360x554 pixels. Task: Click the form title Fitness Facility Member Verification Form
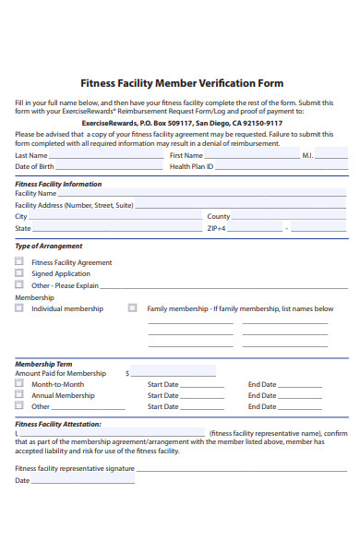coord(182,82)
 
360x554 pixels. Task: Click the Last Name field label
coord(31,155)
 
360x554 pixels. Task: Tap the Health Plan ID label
coord(191,167)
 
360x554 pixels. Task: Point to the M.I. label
coord(307,155)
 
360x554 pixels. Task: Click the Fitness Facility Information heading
coord(58,184)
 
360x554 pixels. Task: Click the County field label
coord(218,216)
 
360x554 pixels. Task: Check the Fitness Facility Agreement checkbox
coord(19,262)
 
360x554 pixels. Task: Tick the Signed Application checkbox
coord(19,273)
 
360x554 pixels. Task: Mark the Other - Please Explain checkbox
coord(19,285)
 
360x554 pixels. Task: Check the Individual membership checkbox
coord(19,308)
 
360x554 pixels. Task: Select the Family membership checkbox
coord(133,308)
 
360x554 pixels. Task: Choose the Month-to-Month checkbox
coord(19,384)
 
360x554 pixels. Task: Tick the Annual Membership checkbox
coord(19,395)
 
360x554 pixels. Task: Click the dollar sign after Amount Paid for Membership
coord(127,373)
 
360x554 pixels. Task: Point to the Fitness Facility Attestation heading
coord(58,424)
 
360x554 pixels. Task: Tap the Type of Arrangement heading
coord(49,247)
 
